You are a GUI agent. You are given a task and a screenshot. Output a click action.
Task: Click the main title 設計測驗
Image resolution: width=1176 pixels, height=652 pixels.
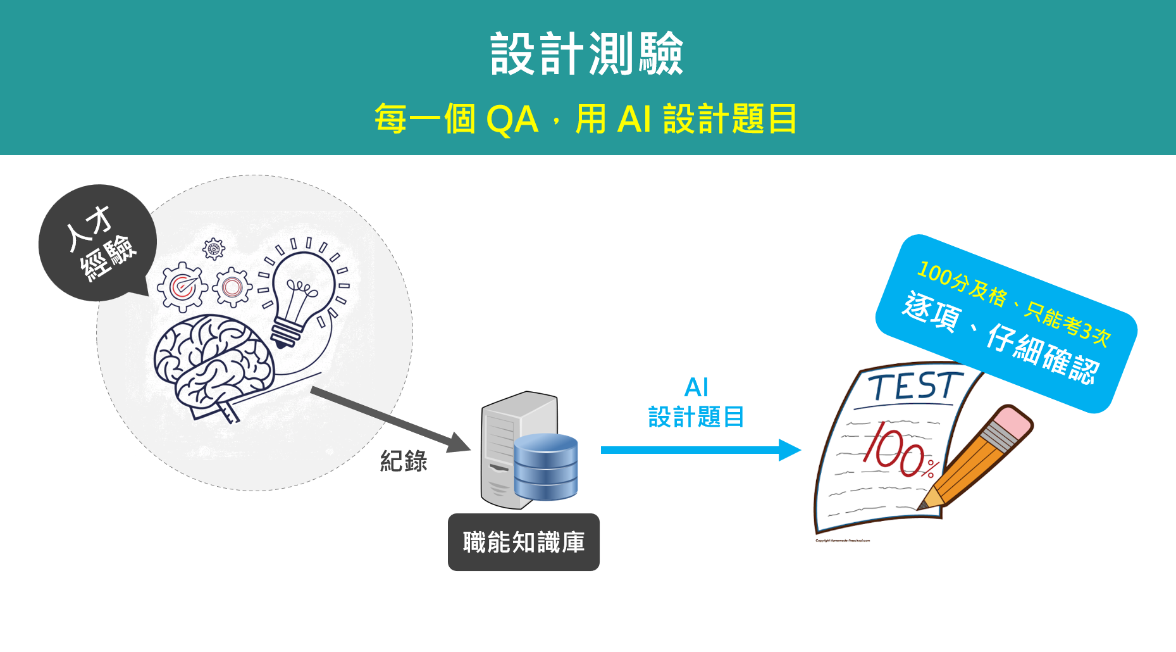(587, 54)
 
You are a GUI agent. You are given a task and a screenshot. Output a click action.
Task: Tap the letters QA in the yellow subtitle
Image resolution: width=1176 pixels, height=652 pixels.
(512, 119)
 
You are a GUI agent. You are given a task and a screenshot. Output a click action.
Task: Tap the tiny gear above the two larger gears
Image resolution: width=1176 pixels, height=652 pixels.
(214, 249)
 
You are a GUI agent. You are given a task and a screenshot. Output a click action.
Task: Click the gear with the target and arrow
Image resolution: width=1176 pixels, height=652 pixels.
(182, 287)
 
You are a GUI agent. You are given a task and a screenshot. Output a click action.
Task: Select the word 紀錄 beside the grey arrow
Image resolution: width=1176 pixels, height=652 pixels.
(404, 461)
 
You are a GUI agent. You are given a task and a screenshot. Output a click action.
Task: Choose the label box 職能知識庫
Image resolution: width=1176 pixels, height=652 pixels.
(524, 542)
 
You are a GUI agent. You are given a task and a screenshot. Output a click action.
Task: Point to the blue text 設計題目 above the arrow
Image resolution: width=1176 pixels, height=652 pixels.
(696, 417)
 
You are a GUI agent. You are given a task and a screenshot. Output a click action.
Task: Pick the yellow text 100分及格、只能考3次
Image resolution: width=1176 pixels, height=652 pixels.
(1013, 303)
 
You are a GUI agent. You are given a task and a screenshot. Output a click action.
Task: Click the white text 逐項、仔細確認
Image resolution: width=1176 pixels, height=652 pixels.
(1000, 337)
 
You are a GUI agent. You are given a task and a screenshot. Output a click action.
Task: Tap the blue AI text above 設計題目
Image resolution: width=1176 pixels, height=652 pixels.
(696, 387)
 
